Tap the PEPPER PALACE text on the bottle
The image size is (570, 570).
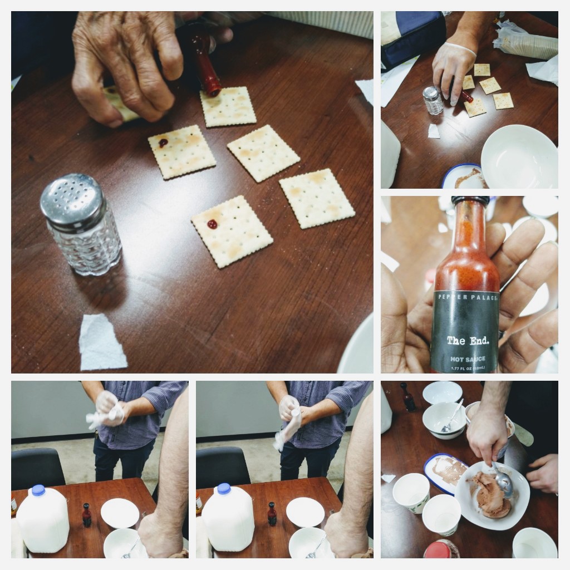click(465, 297)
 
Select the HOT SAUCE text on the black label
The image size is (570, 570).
click(467, 359)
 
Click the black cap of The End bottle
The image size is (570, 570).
click(470, 200)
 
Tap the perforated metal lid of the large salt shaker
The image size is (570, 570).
click(72, 198)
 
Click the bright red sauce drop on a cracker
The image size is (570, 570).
click(212, 224)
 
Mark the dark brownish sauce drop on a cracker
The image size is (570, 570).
click(163, 142)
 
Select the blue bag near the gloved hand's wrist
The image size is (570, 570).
click(412, 33)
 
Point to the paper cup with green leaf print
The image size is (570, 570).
click(411, 493)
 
